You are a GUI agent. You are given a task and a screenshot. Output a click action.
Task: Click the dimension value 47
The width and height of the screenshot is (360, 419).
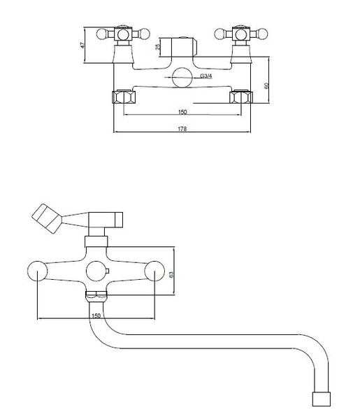tap(82, 45)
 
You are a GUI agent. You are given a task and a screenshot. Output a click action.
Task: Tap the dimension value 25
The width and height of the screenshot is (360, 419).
tap(158, 46)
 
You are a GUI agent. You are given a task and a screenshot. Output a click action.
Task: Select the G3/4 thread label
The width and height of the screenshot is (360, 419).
tap(206, 76)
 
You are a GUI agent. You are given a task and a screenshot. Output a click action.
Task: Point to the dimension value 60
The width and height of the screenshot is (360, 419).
tap(266, 86)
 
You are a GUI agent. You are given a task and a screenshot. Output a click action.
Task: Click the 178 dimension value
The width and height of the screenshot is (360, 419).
tap(182, 129)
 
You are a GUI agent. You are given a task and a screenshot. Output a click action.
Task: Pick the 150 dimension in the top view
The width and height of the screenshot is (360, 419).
tap(182, 112)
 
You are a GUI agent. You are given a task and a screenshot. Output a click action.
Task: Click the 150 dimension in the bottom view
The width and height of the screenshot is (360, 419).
tap(96, 315)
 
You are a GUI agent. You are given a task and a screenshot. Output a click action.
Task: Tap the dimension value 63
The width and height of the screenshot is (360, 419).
tap(171, 274)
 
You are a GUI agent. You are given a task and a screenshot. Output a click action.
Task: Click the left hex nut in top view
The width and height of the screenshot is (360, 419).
tap(124, 97)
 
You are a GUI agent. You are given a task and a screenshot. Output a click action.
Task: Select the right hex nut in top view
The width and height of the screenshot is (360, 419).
tap(241, 97)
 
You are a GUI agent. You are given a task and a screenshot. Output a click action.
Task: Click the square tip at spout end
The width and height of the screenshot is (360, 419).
tap(322, 399)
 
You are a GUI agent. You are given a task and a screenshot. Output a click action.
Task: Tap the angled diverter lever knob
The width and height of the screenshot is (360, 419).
tap(47, 218)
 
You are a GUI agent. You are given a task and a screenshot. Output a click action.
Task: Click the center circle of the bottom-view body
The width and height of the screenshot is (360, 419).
tap(96, 271)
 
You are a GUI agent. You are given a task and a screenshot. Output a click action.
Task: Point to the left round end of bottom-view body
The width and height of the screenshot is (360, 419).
tap(37, 271)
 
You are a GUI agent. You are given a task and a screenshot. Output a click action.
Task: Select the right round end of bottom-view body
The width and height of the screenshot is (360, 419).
tap(154, 271)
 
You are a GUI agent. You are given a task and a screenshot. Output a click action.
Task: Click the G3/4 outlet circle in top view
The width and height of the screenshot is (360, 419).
tap(182, 77)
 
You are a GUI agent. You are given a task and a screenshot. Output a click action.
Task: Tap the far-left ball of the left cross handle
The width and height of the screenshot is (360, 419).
tap(101, 34)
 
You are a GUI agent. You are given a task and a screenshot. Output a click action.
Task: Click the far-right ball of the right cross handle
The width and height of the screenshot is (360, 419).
tap(262, 34)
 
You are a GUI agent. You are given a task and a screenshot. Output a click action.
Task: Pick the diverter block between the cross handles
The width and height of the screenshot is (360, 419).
tap(178, 47)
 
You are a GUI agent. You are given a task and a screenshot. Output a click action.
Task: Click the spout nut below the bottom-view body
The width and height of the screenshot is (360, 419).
tap(96, 296)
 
